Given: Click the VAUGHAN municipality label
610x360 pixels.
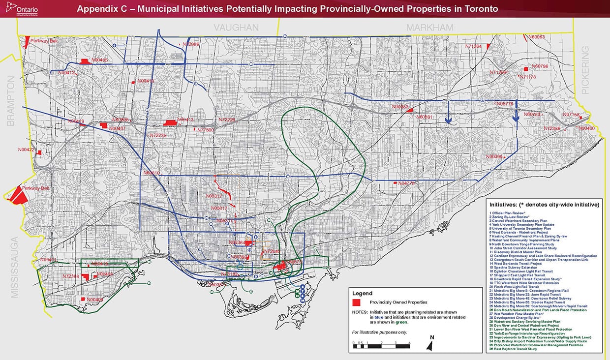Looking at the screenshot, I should coord(236,28).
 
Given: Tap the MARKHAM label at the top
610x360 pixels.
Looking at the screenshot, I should coord(429,28).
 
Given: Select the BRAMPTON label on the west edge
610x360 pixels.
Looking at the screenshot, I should coord(11,104).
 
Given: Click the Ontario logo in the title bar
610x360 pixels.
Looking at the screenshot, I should coord(25,9).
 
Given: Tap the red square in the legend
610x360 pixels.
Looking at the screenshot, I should coord(357,301).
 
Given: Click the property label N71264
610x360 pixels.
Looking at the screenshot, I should coord(473,46).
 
